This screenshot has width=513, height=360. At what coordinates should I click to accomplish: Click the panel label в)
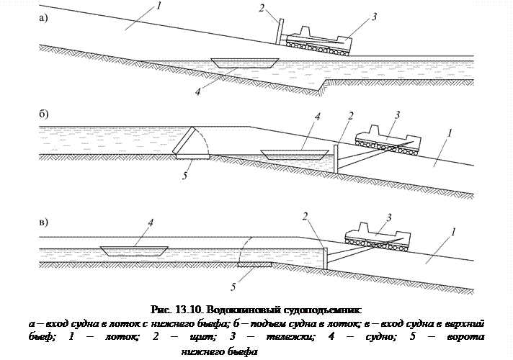(44, 221)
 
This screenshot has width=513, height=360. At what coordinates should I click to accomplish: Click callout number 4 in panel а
(198, 91)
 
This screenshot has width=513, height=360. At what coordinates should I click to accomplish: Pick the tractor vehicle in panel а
(318, 39)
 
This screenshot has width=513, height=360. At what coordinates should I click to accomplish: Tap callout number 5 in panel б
(185, 176)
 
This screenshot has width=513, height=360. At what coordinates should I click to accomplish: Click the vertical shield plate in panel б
(336, 156)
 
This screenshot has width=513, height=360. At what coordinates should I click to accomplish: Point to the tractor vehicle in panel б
(386, 137)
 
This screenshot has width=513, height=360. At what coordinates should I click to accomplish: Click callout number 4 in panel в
(150, 222)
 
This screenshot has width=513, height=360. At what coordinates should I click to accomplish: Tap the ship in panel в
(135, 251)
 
